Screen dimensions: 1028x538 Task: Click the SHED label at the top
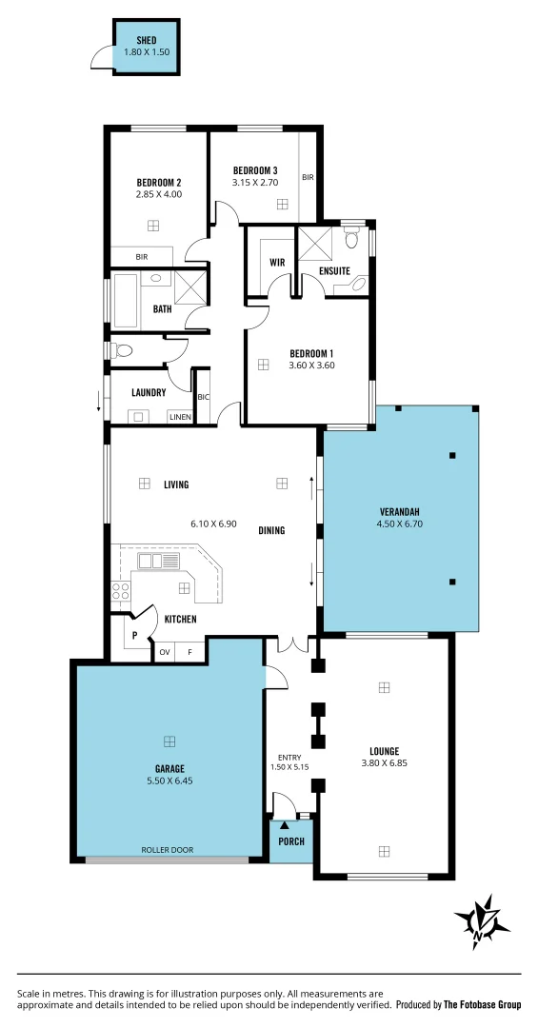[147, 40]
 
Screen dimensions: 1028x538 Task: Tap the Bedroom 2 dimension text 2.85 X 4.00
[158, 194]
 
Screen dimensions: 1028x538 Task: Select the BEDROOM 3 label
[255, 170]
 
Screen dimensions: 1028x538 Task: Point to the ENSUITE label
[334, 270]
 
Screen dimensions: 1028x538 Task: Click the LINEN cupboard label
[179, 417]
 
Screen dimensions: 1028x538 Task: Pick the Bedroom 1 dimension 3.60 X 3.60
[311, 366]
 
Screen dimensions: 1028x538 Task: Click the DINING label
[271, 530]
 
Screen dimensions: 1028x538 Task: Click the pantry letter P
[134, 635]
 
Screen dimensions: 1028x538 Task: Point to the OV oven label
[165, 652]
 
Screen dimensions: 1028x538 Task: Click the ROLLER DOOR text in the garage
[168, 849]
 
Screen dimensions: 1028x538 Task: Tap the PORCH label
[290, 841]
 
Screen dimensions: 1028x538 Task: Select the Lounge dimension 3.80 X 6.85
[384, 762]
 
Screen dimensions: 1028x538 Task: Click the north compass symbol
[482, 920]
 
